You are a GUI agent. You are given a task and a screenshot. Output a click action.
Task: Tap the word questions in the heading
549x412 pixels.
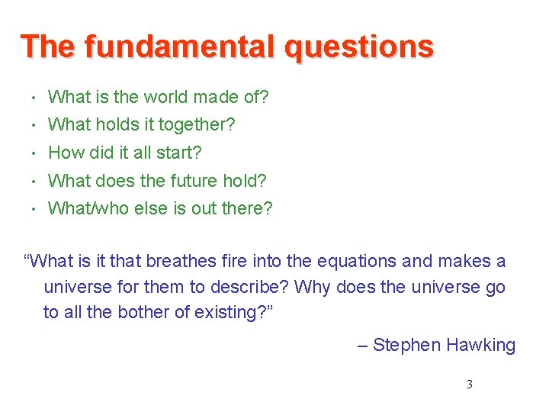pos(358,48)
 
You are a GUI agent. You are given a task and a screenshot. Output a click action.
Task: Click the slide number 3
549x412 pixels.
pos(469,385)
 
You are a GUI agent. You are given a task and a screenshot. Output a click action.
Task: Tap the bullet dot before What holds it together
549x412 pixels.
pos(36,125)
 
